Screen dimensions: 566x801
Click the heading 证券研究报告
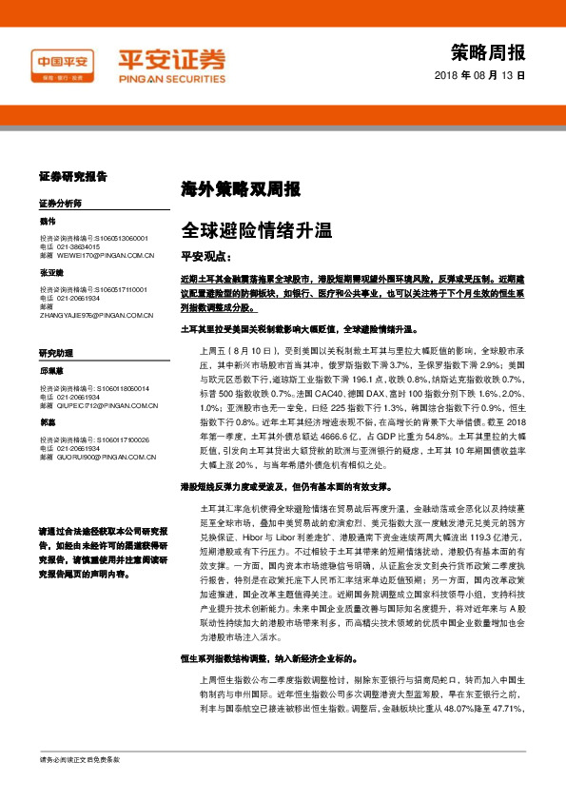point(72,177)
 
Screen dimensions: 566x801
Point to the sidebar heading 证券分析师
point(60,205)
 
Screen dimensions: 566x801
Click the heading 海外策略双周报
point(227,188)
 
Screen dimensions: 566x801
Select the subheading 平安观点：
point(205,257)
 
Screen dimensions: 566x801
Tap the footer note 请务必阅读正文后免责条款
point(80,787)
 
